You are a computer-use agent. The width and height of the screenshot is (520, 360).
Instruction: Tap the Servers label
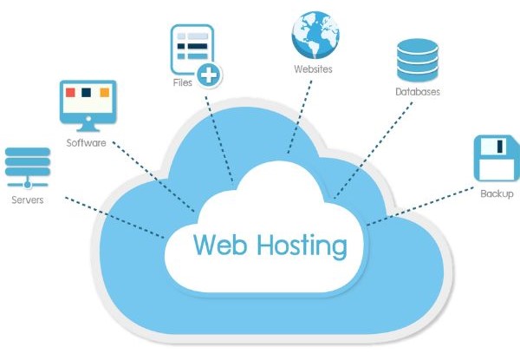coord(27,199)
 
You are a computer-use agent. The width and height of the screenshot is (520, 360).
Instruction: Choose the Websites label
coord(314,69)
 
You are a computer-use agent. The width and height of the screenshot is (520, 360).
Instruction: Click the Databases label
coord(418,91)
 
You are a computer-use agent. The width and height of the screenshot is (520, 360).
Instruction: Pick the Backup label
coord(497,193)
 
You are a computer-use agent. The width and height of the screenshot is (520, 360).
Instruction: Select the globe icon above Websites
coord(315,31)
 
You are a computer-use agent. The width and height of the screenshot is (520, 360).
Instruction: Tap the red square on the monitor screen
coord(73,92)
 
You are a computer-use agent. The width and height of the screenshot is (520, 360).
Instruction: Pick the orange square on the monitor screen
coord(104,92)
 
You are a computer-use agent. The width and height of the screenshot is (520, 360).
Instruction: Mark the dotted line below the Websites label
coord(300,113)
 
